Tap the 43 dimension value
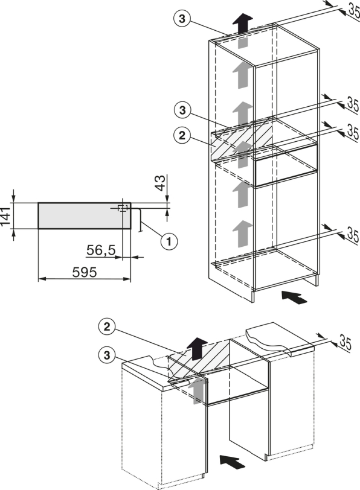point(160,183)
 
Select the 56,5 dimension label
point(101,250)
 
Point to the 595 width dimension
point(85,272)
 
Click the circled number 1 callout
point(169,241)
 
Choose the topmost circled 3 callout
point(182,19)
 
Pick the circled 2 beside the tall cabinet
point(182,135)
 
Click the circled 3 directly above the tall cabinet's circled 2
point(182,110)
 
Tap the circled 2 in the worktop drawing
point(107,327)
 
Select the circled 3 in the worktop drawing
point(107,355)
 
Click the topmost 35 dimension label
point(353,11)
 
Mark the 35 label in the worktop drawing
point(345,343)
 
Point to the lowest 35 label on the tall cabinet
point(353,235)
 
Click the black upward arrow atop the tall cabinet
point(242,24)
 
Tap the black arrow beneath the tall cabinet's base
point(294,297)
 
